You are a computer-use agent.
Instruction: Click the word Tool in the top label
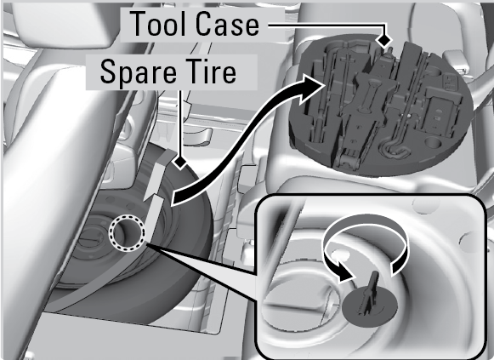pos(159,24)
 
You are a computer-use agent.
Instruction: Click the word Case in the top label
pos(228,24)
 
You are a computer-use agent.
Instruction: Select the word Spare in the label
pos(138,72)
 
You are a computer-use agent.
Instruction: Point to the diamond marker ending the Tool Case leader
pos(384,40)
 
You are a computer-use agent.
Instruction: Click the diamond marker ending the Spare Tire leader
pos(180,163)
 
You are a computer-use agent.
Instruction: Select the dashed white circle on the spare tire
pos(127,233)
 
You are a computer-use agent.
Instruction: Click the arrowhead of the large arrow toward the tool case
pos(310,89)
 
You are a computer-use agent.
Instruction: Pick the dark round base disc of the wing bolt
pos(370,306)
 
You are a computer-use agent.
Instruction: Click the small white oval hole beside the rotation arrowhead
pos(338,253)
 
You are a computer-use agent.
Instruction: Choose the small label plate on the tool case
pos(451,82)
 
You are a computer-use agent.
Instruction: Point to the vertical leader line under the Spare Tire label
pos(180,123)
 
